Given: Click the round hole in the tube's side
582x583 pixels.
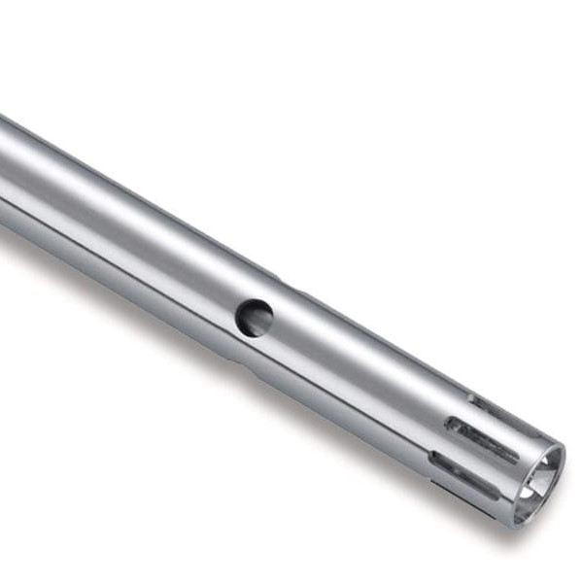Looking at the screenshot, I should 254,318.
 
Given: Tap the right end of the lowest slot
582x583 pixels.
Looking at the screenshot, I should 497,493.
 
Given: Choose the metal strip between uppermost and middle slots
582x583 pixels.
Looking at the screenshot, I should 486,416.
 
